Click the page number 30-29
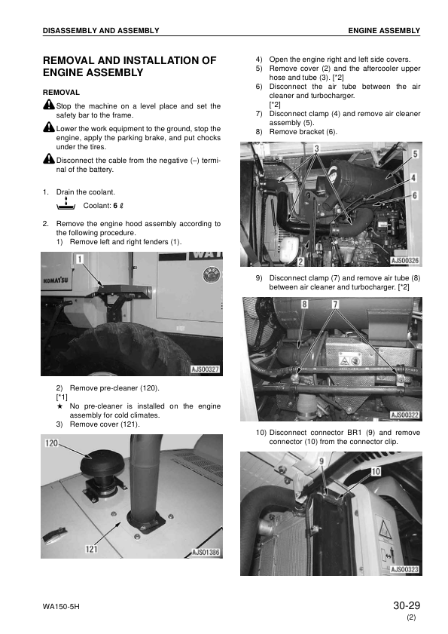point(406,605)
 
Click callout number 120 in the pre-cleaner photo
point(52,443)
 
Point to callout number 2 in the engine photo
point(300,262)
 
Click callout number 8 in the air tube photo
point(305,304)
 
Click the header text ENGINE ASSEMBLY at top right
point(383,30)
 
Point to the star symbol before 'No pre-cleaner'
point(59,406)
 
